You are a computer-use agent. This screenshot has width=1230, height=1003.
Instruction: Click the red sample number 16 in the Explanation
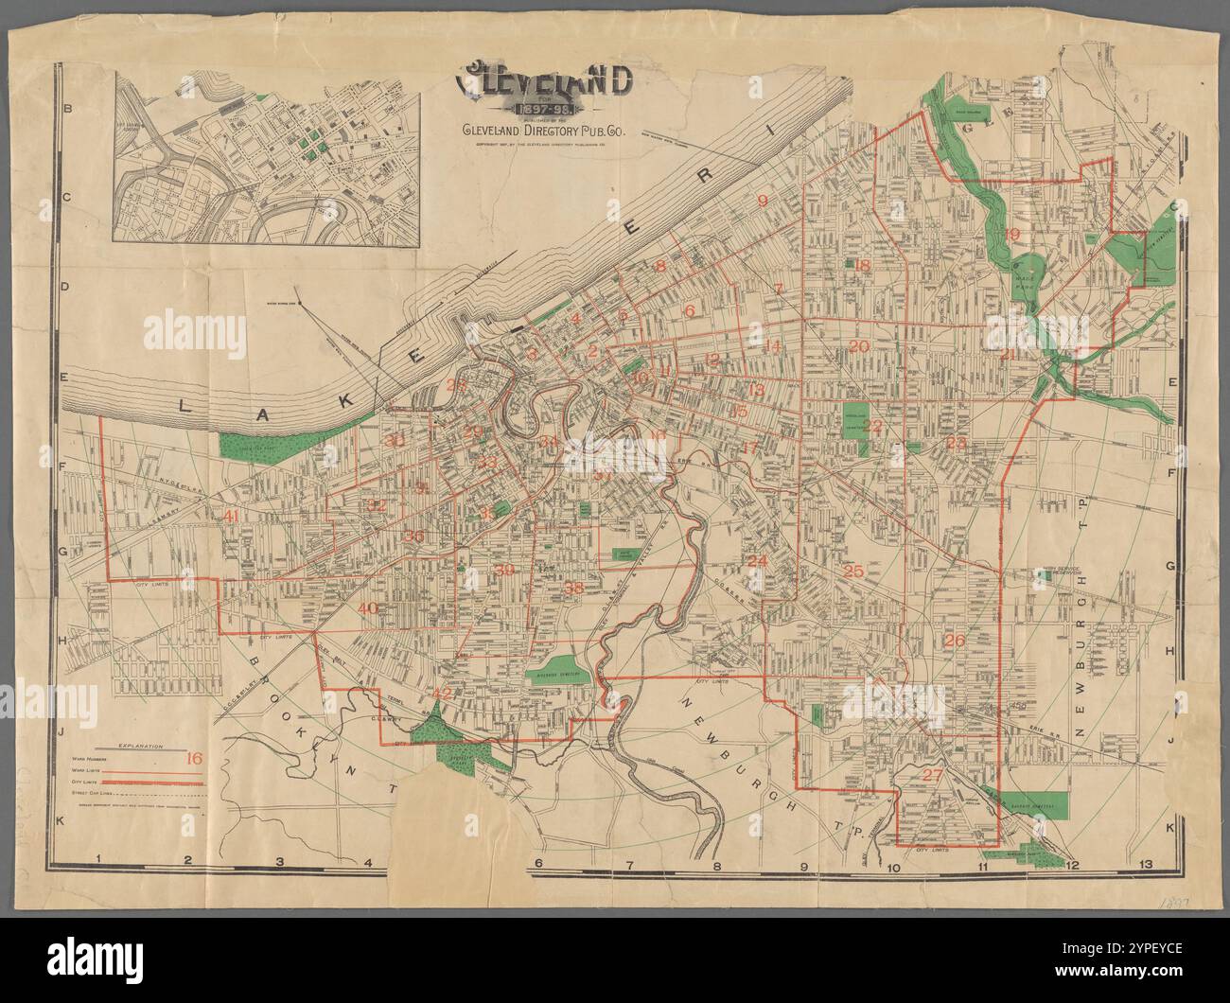195,757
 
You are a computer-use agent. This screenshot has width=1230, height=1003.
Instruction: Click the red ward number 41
231,516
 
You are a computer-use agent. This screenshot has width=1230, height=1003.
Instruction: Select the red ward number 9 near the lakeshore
762,201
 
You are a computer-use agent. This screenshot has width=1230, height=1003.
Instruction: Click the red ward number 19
1011,235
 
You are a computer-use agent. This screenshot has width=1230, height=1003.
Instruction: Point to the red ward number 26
954,641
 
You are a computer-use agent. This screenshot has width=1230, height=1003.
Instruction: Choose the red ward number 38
573,588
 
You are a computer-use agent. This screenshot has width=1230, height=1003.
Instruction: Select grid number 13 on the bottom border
1148,864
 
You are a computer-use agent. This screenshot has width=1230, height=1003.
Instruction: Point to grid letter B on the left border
67,111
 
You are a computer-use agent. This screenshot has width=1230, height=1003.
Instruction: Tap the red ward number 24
756,561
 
